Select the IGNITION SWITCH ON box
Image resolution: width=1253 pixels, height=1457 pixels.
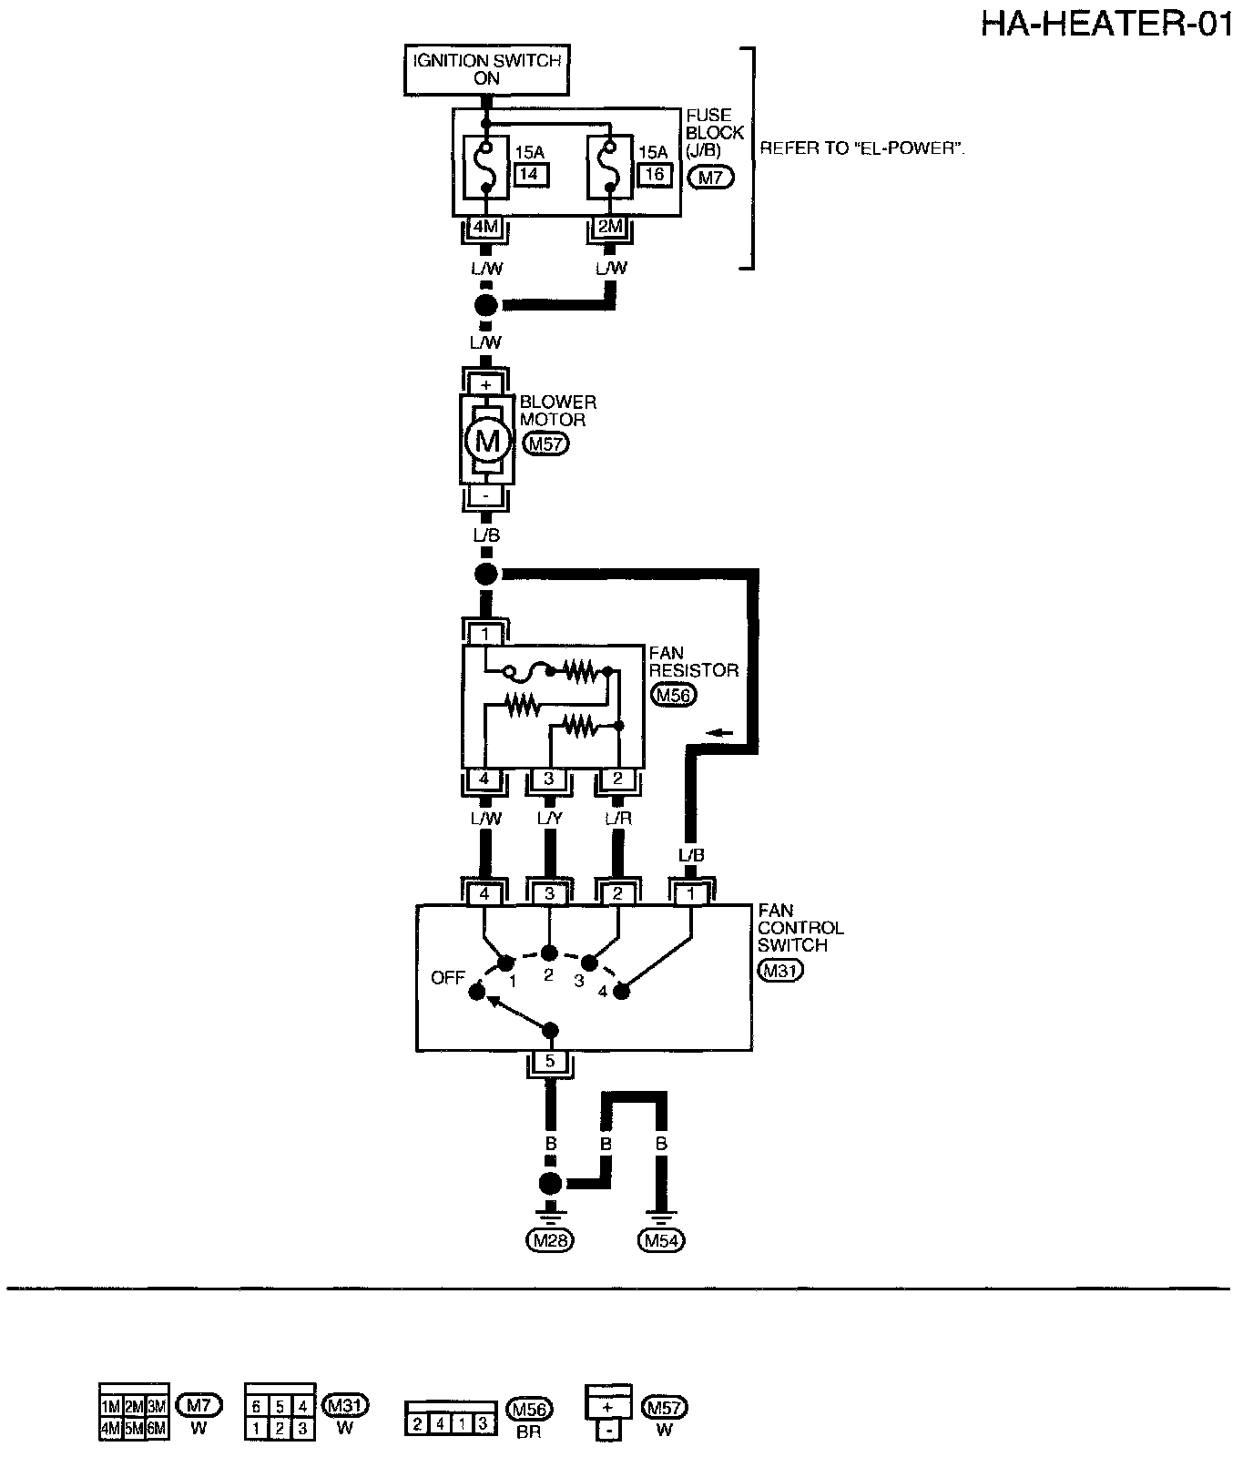(x=487, y=69)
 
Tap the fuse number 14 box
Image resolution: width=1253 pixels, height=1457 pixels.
(x=528, y=176)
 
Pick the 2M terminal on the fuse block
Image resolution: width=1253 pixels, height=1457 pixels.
(x=609, y=227)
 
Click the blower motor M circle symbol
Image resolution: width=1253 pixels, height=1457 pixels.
(x=487, y=442)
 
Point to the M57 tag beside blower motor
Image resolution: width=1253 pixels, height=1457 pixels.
(x=546, y=444)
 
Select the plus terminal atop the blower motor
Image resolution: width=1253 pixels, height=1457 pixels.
(x=485, y=384)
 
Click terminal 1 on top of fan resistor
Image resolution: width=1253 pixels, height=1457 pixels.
(x=485, y=634)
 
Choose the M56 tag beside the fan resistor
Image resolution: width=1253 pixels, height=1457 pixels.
(x=674, y=696)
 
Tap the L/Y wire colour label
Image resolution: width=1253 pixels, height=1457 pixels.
(x=550, y=819)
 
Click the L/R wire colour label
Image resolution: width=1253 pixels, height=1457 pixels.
(x=618, y=819)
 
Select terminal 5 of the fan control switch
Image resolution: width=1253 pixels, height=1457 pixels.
(x=550, y=1061)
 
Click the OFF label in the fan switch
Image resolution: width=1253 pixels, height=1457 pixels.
(x=448, y=979)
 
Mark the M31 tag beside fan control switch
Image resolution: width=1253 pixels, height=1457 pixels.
(x=779, y=971)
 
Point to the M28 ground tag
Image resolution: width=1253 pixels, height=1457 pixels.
(x=550, y=1239)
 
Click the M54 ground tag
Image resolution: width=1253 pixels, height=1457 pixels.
(x=663, y=1239)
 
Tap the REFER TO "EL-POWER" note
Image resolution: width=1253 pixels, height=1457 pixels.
(x=861, y=148)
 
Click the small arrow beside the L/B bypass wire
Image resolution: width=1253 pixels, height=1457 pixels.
(x=719, y=731)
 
